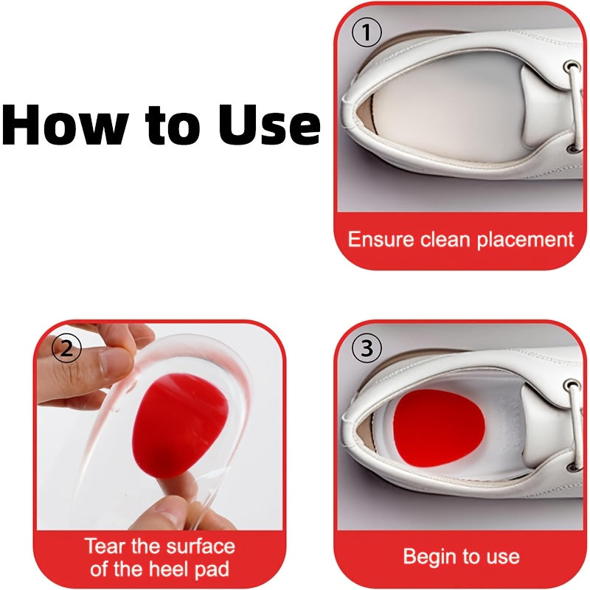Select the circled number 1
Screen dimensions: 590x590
tap(367, 32)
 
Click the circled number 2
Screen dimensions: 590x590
tap(66, 348)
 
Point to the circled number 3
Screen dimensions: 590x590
tap(367, 348)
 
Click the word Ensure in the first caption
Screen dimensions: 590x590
tap(381, 239)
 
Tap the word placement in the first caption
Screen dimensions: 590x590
tap(525, 240)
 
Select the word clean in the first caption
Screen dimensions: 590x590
tap(445, 239)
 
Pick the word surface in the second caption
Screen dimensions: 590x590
tap(201, 546)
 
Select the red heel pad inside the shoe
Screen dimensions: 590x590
tap(437, 427)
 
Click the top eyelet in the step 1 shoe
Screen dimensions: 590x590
tap(572, 66)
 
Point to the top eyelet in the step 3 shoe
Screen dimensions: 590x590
tap(572, 386)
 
